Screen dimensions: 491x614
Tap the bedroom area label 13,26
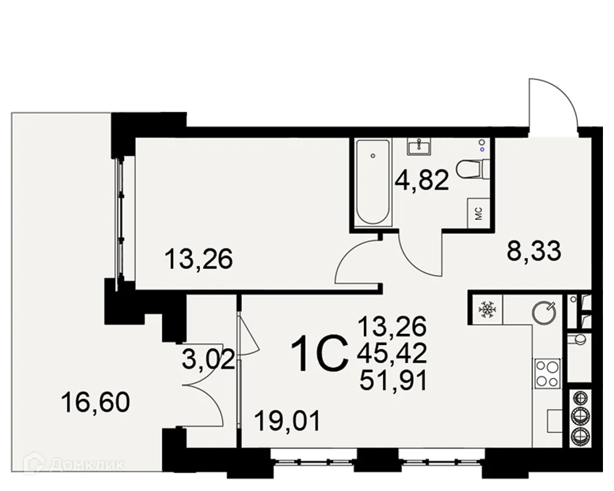pos(199,261)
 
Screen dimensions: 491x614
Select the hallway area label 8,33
pos(534,252)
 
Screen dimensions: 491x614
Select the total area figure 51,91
pos(394,381)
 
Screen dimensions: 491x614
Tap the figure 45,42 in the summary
pos(394,352)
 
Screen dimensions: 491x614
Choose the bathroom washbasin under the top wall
pos(419,146)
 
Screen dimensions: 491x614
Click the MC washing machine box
pos(479,214)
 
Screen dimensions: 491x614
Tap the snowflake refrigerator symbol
pos(486,308)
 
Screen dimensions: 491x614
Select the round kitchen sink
pos(545,311)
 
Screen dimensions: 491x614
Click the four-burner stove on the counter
pos(546,374)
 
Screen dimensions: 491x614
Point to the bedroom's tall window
pos(123,218)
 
